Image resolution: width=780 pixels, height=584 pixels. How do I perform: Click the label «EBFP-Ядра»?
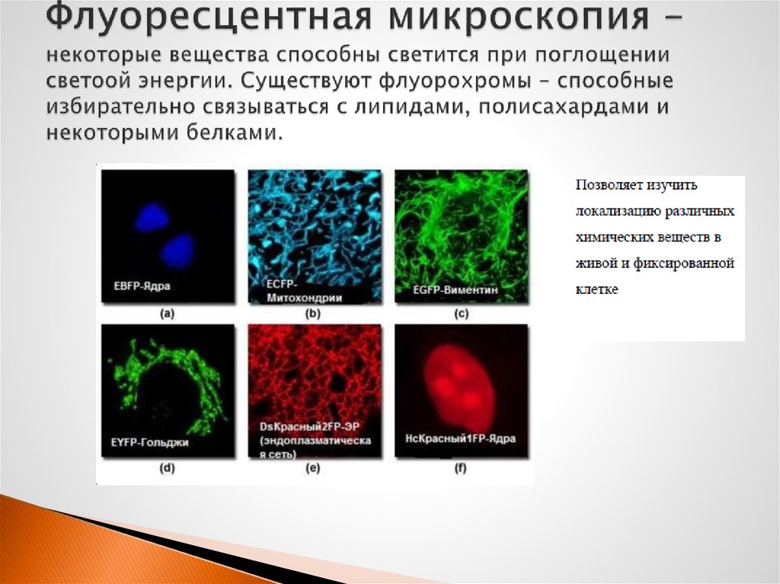point(142,286)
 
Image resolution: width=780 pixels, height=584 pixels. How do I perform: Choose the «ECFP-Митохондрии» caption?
point(304,291)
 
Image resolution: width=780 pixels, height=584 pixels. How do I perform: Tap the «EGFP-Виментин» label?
point(455,289)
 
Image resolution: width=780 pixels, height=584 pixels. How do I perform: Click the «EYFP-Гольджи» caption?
point(149,442)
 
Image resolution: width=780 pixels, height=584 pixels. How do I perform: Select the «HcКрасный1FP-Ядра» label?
point(460,439)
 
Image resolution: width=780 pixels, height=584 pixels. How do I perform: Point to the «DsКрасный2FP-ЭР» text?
point(309,427)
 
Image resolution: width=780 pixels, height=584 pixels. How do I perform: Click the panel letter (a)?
point(167,314)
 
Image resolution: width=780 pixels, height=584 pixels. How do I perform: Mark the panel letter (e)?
point(313,468)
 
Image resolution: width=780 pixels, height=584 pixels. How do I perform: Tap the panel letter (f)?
point(461,468)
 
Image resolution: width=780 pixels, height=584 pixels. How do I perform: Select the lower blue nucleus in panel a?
point(177,249)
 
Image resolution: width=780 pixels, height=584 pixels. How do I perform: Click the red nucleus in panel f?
point(459,384)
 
